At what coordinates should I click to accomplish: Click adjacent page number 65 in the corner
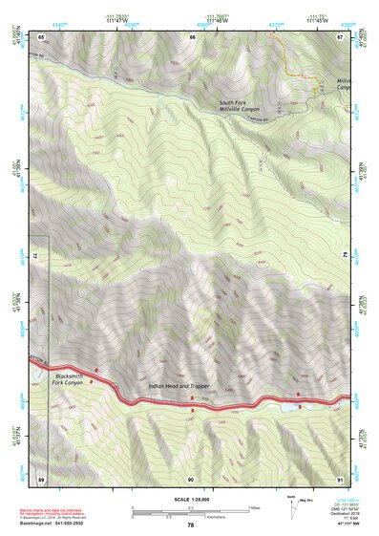pyautogui.click(x=42, y=36)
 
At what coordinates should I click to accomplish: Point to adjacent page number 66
pyautogui.click(x=192, y=36)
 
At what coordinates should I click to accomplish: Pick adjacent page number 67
pyautogui.click(x=340, y=36)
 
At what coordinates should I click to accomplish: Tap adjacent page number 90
pyautogui.click(x=191, y=477)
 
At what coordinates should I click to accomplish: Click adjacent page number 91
pyautogui.click(x=340, y=477)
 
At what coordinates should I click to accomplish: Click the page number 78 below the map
pyautogui.click(x=190, y=525)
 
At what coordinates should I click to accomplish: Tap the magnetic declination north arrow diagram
pyautogui.click(x=293, y=508)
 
